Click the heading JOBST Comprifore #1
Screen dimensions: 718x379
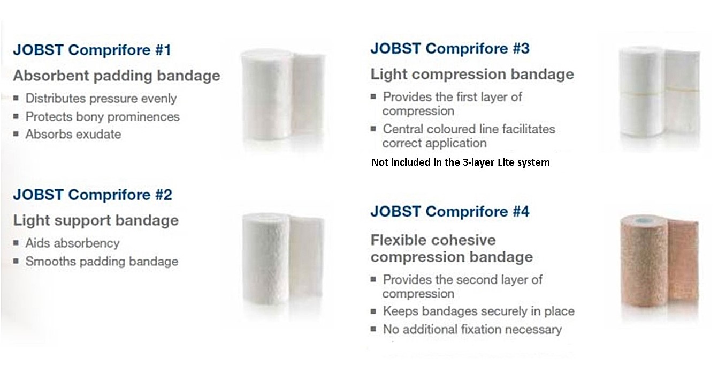point(92,50)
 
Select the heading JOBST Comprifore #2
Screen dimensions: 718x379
point(93,195)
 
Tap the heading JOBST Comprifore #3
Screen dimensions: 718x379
point(450,48)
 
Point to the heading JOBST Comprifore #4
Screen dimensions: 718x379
point(450,211)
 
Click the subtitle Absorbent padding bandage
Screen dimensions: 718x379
point(117,76)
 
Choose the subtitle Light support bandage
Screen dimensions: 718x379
point(96,221)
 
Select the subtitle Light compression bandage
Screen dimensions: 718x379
point(472,75)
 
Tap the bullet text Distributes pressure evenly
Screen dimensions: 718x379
point(101,98)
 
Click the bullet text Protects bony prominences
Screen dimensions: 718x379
point(103,116)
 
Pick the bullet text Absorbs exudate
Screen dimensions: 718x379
point(73,134)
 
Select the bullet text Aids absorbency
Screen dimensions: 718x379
point(72,243)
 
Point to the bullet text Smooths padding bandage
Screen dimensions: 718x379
point(102,262)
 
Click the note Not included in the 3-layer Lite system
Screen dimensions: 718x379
point(461,162)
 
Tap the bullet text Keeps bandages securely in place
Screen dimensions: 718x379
point(478,311)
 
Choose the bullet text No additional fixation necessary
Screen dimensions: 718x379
point(472,330)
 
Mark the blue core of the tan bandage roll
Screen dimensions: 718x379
point(644,221)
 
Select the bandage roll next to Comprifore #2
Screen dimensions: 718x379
point(284,258)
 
